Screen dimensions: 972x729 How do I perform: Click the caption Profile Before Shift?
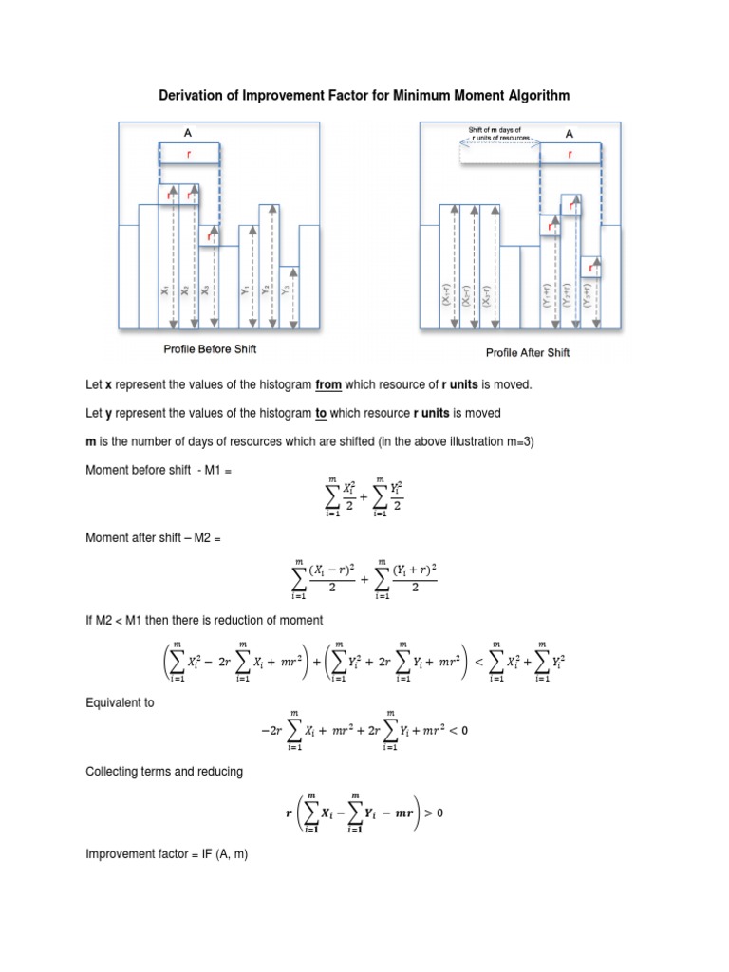pyautogui.click(x=213, y=350)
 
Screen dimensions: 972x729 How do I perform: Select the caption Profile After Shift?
pyautogui.click(x=528, y=352)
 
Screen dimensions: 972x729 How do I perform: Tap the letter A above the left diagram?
pyautogui.click(x=188, y=134)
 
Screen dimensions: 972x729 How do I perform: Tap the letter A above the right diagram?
pyautogui.click(x=570, y=134)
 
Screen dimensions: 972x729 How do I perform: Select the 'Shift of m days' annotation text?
pyautogui.click(x=495, y=129)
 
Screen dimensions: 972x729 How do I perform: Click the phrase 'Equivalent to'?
pyautogui.click(x=120, y=703)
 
